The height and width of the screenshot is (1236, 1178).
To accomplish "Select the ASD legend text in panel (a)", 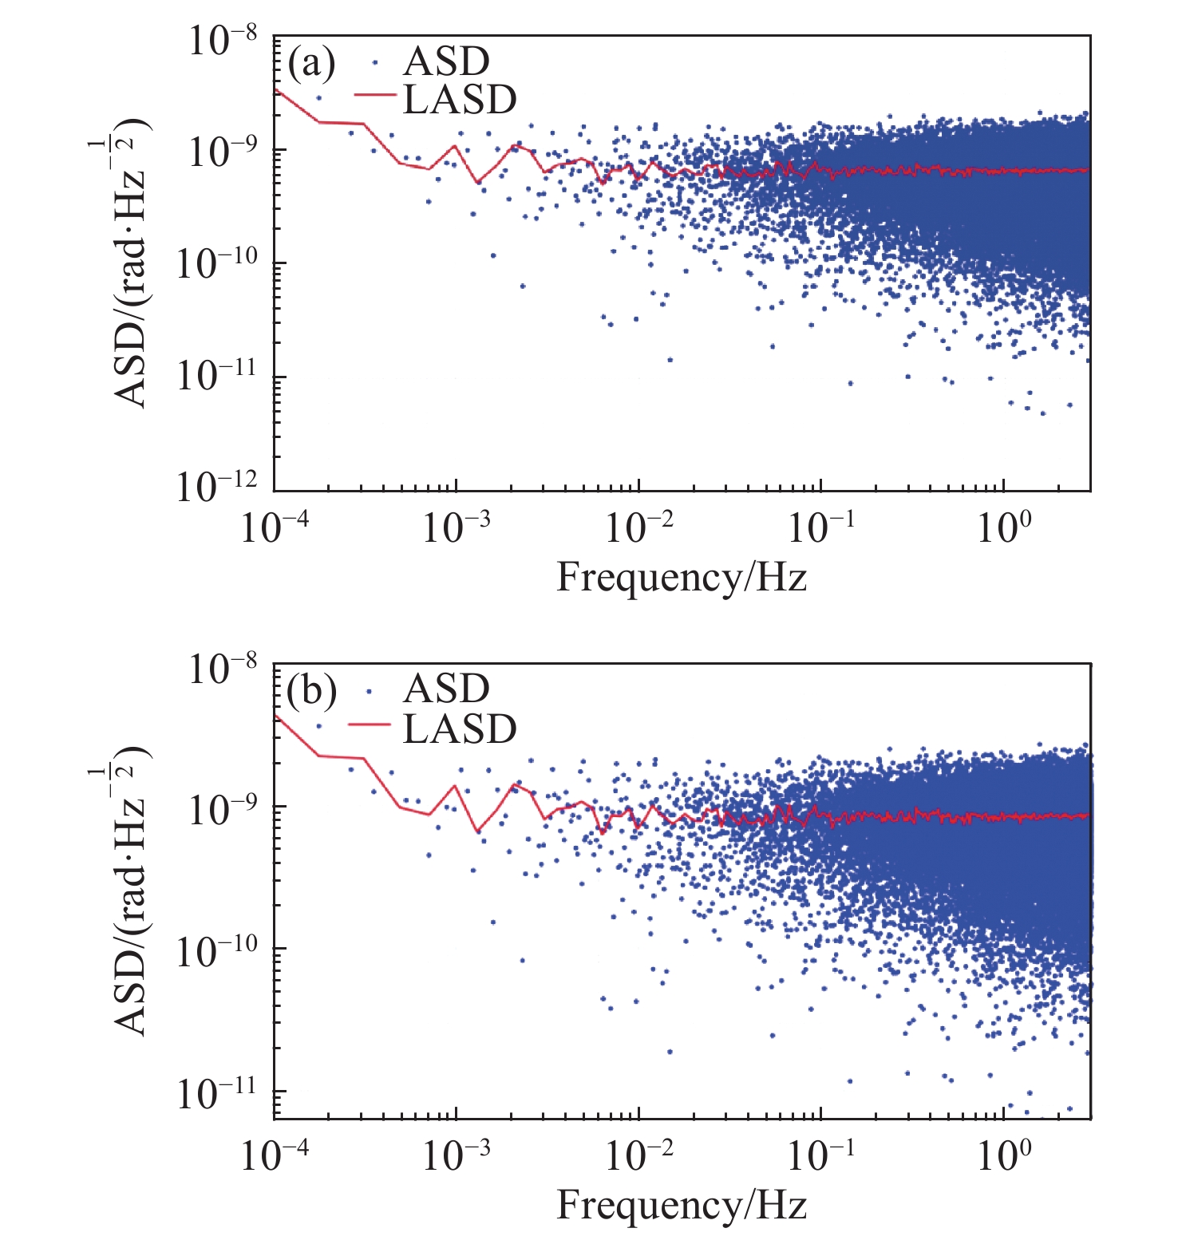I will [446, 61].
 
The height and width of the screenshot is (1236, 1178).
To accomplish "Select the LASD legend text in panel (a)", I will [460, 100].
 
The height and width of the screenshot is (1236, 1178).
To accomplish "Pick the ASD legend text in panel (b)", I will [446, 689].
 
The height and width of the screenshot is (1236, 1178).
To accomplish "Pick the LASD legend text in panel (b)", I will [460, 729].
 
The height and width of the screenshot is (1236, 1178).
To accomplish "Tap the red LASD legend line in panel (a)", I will [374, 96].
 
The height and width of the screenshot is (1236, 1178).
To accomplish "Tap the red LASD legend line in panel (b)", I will [370, 724].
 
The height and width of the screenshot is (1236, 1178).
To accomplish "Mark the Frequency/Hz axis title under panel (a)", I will [681, 577].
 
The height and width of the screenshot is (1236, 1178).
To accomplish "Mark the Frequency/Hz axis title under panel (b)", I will [681, 1205].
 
